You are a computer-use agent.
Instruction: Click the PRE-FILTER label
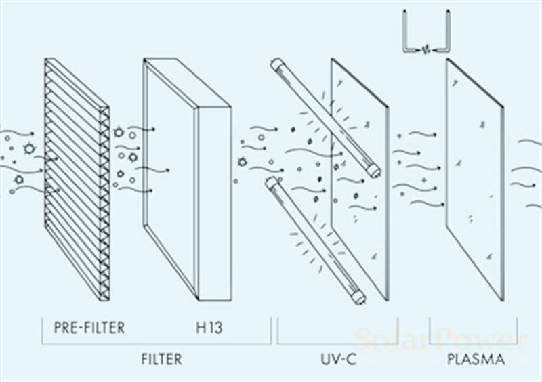click(89, 328)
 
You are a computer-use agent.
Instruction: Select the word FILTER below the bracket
click(161, 358)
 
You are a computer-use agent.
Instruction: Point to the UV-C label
click(337, 358)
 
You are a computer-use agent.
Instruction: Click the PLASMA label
click(476, 358)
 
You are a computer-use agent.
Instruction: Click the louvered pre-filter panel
click(76, 179)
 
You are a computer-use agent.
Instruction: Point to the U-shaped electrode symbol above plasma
click(425, 34)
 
